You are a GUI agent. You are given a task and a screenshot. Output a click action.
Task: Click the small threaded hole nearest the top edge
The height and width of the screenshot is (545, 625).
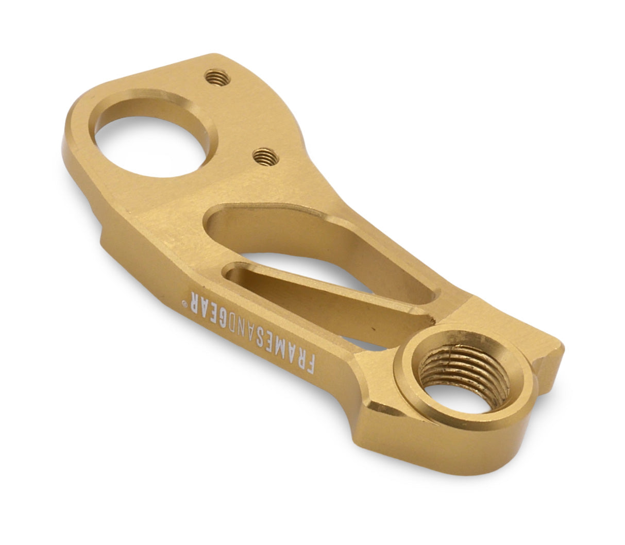point(217,78)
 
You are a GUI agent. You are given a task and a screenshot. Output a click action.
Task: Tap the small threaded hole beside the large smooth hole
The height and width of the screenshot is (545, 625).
point(266,157)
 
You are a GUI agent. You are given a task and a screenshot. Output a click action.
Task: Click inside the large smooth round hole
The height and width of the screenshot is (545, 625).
point(151,147)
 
